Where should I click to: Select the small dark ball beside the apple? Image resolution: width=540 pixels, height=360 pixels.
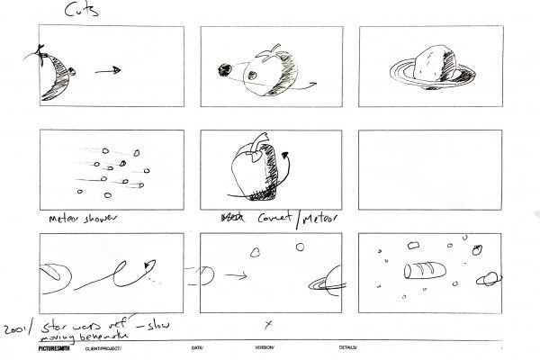[226, 67]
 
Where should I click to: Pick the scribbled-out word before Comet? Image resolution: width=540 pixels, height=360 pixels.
[228, 219]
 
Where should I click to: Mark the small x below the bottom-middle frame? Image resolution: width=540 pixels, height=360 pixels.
[267, 322]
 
